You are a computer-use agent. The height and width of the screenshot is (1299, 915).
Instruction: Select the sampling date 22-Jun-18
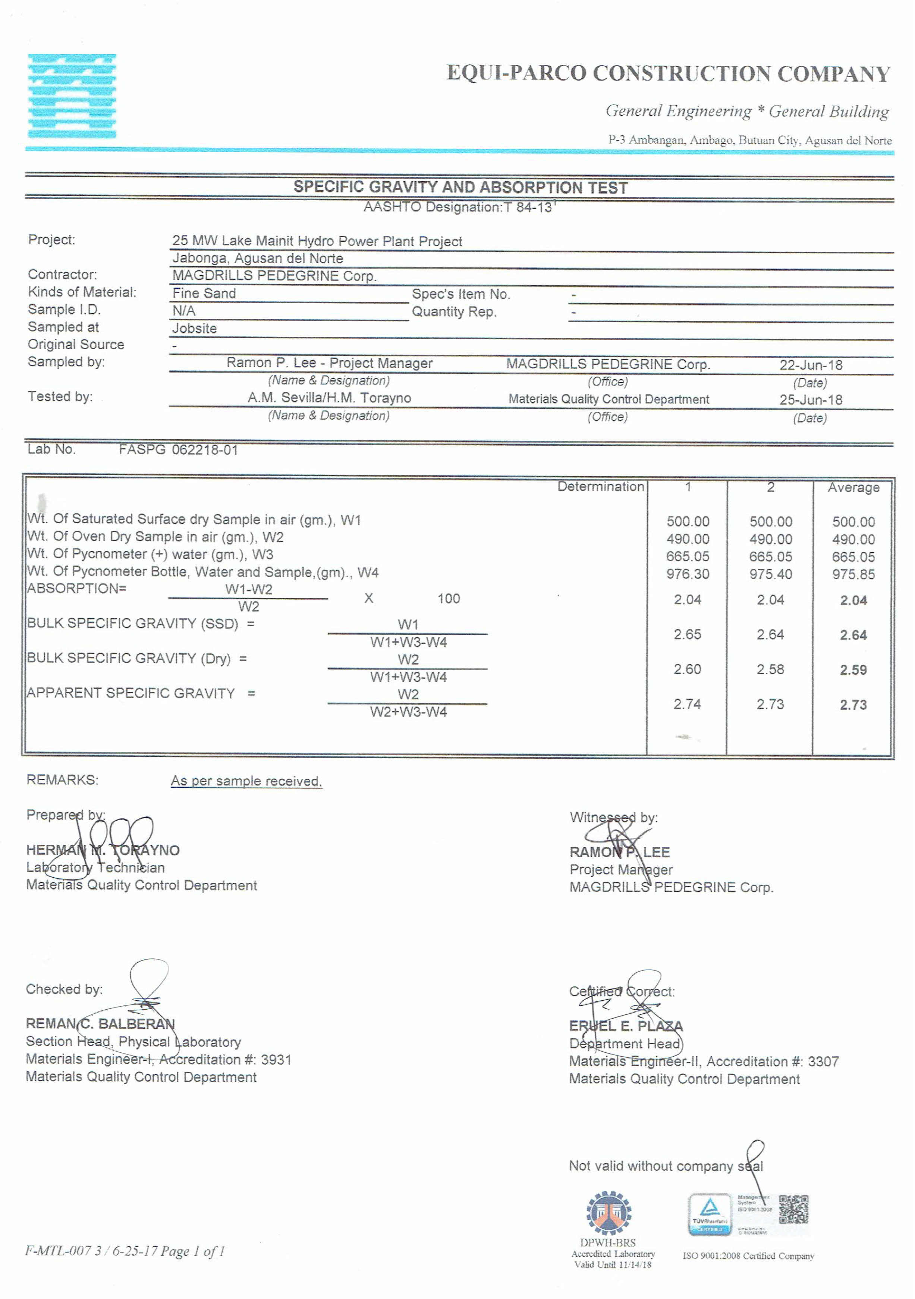pyautogui.click(x=810, y=365)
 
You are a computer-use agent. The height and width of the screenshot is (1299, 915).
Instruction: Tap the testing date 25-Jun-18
pyautogui.click(x=810, y=399)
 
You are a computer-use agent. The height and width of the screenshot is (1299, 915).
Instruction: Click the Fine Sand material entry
pyautogui.click(x=204, y=293)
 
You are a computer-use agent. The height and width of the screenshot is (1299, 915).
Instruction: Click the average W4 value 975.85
pyautogui.click(x=853, y=574)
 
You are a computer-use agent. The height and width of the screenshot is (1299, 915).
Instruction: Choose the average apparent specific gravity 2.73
pyautogui.click(x=853, y=705)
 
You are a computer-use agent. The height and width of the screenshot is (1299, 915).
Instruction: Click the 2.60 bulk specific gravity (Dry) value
pyautogui.click(x=687, y=669)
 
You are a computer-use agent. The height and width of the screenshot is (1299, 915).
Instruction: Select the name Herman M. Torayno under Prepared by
pyautogui.click(x=103, y=850)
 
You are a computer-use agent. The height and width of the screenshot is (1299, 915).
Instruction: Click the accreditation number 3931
pyautogui.click(x=276, y=1059)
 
